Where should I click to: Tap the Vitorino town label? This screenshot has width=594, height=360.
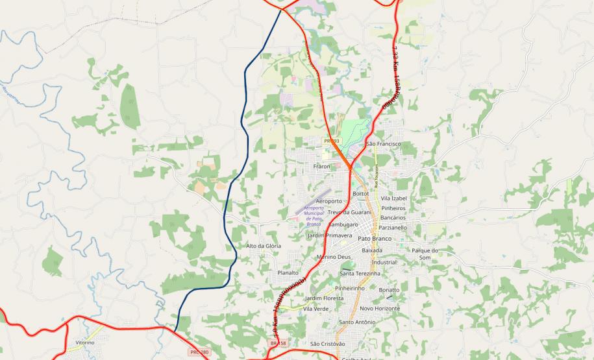click(85, 342)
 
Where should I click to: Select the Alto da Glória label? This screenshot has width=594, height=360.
click(264, 246)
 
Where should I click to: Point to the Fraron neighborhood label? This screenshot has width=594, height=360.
click(322, 167)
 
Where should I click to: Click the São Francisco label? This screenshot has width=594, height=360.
click(384, 143)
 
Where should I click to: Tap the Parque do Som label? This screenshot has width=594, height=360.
click(425, 254)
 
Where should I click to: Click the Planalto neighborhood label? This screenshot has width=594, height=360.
click(288, 273)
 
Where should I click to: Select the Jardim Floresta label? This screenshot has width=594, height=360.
click(324, 298)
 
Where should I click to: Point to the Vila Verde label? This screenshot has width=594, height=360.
click(316, 309)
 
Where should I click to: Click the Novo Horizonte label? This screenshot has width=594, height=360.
click(380, 309)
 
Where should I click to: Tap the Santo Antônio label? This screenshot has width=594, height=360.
click(357, 322)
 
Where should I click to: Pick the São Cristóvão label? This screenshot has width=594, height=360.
click(328, 343)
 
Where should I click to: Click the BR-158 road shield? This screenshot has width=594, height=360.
click(278, 343)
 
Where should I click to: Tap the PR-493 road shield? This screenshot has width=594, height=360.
click(332, 141)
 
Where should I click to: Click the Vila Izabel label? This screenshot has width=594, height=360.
click(393, 198)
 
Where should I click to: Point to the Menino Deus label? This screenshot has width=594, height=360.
click(334, 257)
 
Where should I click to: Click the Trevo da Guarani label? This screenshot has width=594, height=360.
click(349, 212)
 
